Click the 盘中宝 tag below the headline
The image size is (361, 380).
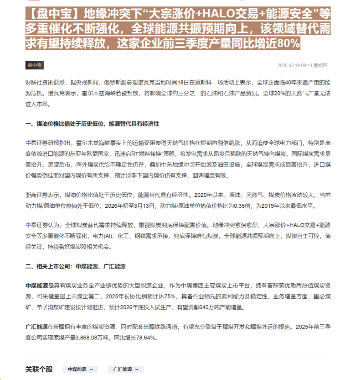pos(35,65)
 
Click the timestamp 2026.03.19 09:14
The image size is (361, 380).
pos(294,65)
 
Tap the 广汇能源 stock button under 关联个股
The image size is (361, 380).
pos(125,369)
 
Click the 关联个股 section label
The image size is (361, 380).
pos(39,369)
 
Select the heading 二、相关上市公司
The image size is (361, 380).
pos(75,266)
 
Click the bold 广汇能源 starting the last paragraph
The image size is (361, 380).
pos(36,327)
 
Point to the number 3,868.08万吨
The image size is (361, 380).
pos(93,338)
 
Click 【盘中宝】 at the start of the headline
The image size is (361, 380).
pos(46,14)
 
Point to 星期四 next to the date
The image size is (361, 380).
pos(327,65)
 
